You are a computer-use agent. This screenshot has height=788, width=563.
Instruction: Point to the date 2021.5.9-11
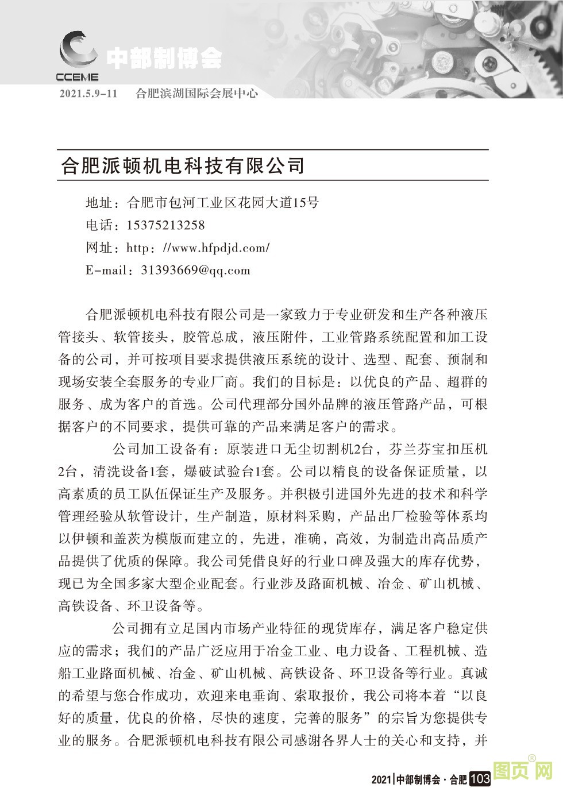[x=88, y=93]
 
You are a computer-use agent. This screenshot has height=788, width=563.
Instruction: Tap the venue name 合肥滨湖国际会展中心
[x=196, y=93]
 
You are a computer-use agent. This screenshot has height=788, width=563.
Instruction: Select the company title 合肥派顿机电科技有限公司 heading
[x=182, y=166]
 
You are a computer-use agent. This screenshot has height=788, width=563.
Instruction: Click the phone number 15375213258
[x=165, y=225]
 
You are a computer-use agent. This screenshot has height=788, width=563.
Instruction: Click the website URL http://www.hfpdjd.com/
[x=198, y=248]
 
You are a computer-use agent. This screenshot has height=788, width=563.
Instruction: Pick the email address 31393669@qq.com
[x=195, y=271]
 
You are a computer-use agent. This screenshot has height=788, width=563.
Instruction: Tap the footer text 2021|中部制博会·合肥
[x=419, y=779]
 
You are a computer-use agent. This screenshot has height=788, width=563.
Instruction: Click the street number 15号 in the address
[x=306, y=203]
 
